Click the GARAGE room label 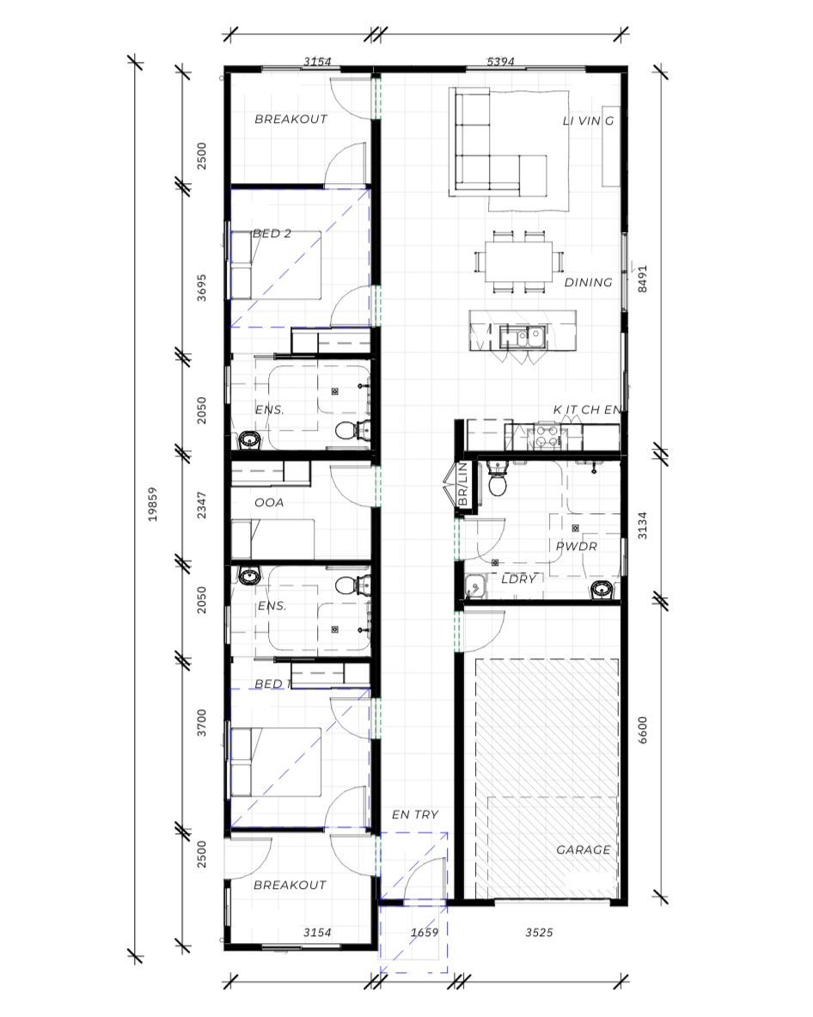click(x=583, y=850)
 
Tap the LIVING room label click(x=588, y=121)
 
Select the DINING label click(x=588, y=283)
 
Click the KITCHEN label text click(x=586, y=410)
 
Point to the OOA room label click(x=269, y=503)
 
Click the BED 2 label click(x=271, y=234)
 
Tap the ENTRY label click(x=415, y=815)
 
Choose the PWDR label click(x=576, y=546)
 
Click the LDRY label click(x=519, y=579)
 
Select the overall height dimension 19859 click(x=153, y=505)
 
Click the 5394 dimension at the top click(x=501, y=62)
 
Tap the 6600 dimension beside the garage click(x=642, y=730)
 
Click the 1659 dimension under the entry click(x=425, y=933)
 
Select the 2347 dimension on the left click(x=202, y=505)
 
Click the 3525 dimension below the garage click(x=538, y=933)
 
